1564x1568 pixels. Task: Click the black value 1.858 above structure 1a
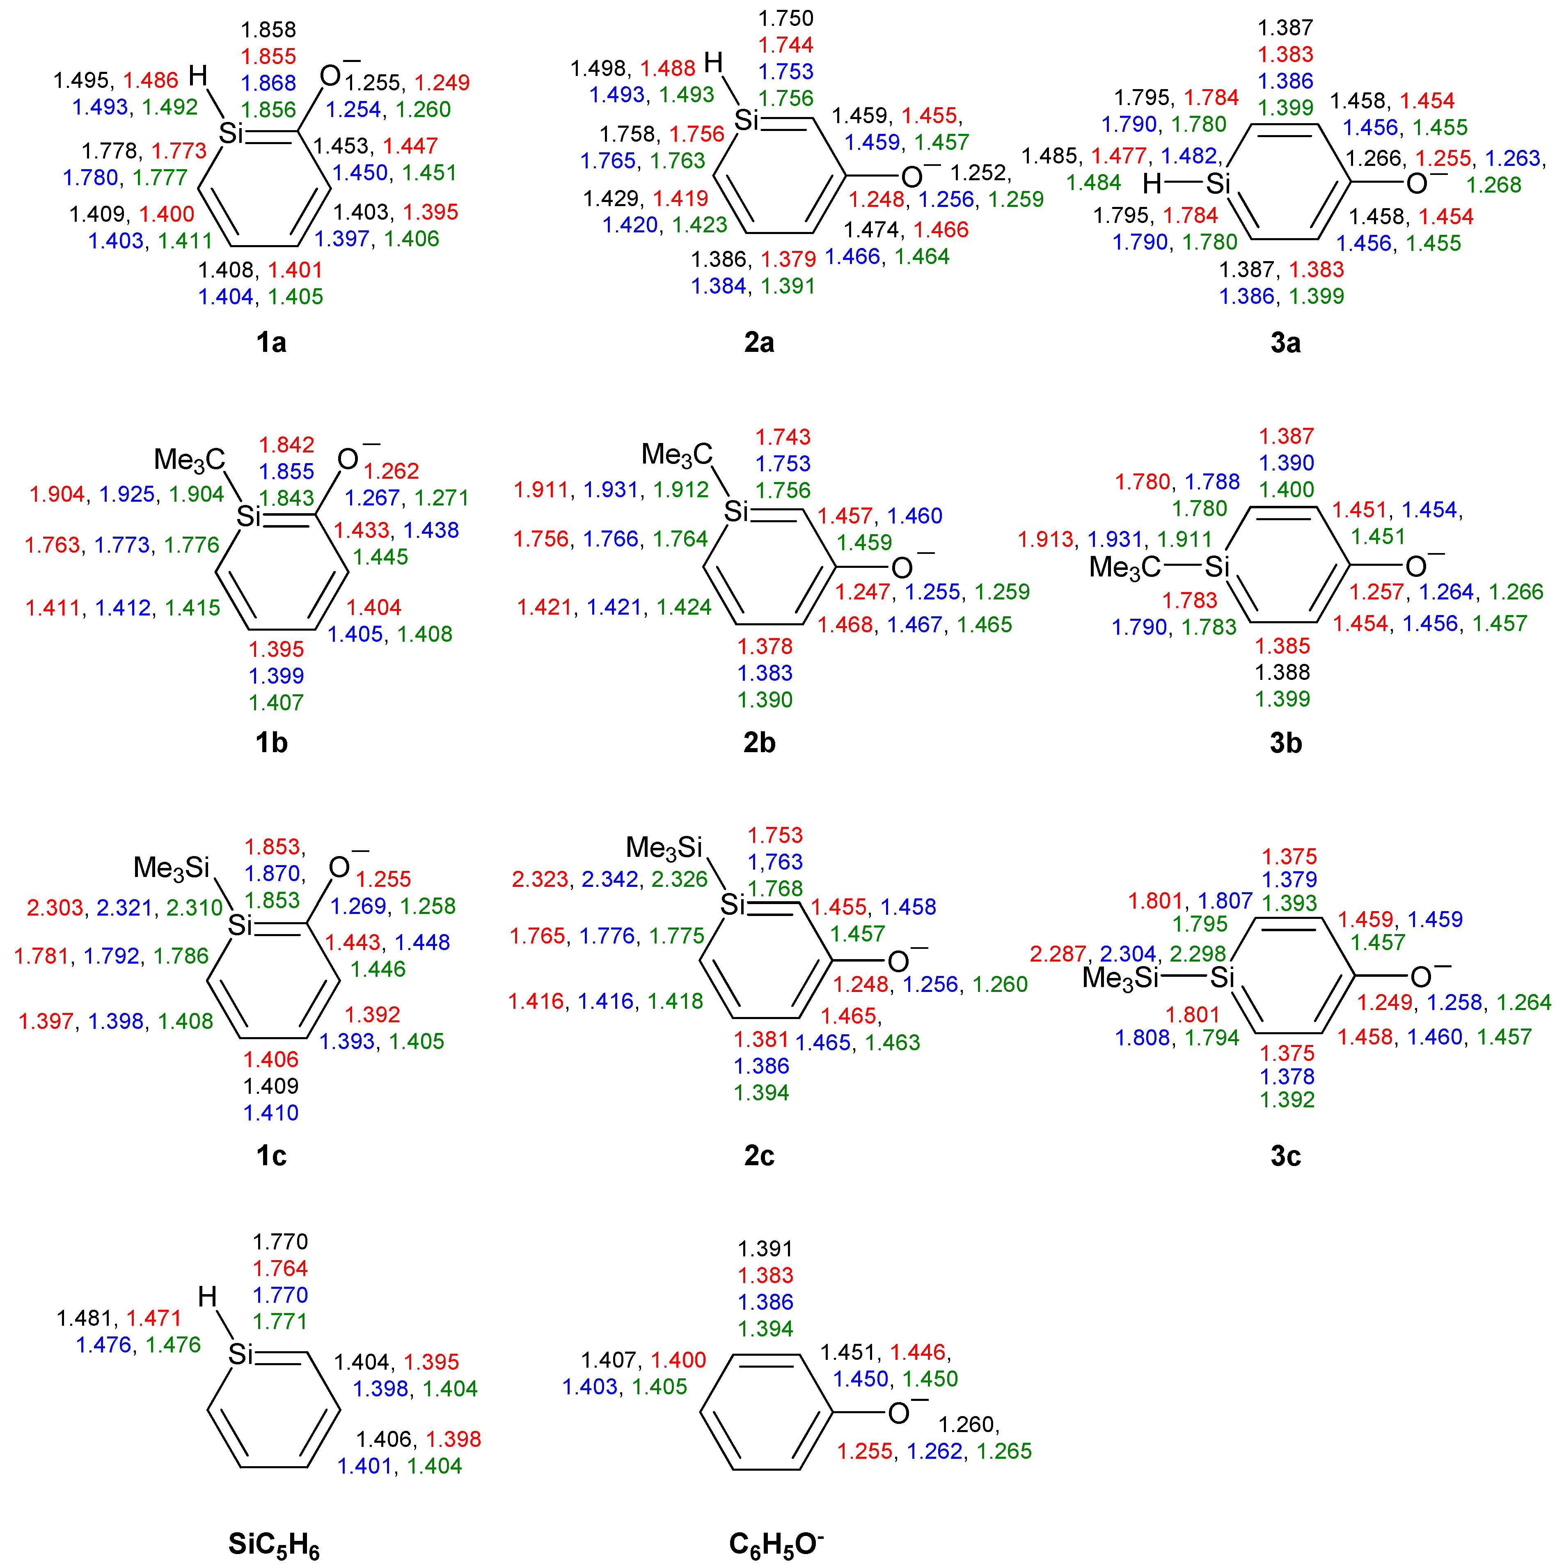[268, 30]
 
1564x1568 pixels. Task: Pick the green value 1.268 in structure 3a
[1493, 185]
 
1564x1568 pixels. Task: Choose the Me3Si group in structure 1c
[172, 868]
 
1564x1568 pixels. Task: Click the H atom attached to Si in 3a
[1152, 184]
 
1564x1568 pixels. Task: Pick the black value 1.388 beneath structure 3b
[1282, 672]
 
